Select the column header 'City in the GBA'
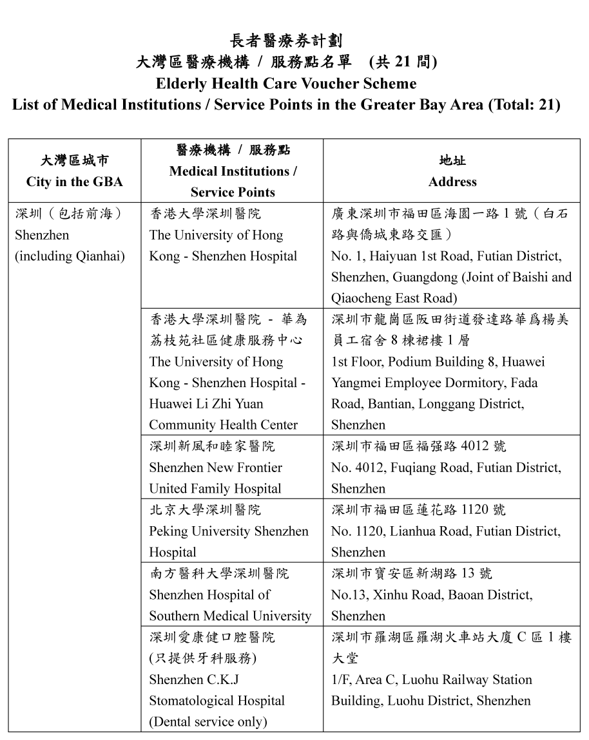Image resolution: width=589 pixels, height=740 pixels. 74,182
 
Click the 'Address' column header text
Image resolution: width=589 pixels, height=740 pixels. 452,182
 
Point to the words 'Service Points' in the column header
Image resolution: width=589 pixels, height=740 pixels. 233,192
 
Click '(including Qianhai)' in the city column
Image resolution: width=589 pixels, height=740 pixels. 70,256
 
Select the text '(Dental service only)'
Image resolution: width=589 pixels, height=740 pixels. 208,722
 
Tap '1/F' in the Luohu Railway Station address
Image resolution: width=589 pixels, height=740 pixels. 342,679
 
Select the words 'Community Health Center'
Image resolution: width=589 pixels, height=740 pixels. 223,425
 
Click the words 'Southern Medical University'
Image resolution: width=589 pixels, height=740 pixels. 230,616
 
